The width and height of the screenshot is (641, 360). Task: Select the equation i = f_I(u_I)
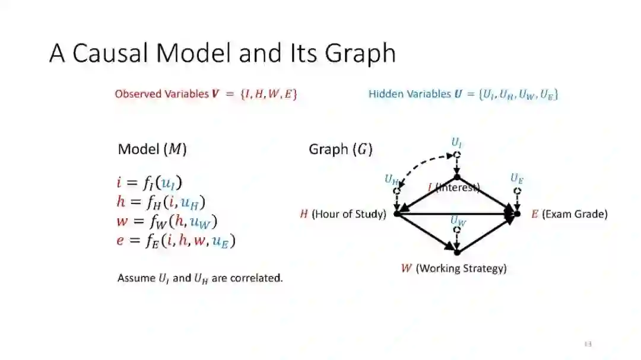click(x=153, y=183)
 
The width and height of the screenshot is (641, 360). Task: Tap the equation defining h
click(x=160, y=202)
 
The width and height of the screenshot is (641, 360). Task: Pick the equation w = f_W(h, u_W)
click(x=167, y=222)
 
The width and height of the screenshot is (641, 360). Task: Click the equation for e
click(x=176, y=241)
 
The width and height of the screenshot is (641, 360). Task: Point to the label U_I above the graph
click(x=456, y=142)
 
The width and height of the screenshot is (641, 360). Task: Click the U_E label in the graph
click(x=517, y=177)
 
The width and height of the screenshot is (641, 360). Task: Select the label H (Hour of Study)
click(x=342, y=214)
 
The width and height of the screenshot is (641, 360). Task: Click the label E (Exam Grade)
click(x=569, y=214)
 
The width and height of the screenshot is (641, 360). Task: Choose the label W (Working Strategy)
click(x=454, y=269)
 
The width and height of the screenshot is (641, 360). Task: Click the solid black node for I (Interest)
click(x=457, y=177)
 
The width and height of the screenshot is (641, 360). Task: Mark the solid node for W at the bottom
click(x=457, y=252)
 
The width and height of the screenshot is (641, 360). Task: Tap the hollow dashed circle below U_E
click(x=517, y=191)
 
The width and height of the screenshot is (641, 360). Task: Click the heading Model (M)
click(x=153, y=149)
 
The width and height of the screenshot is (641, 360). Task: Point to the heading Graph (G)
click(x=340, y=149)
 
